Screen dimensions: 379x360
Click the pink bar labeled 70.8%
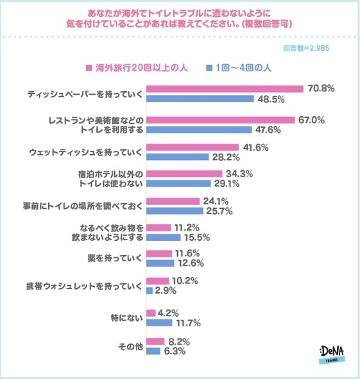[225, 89]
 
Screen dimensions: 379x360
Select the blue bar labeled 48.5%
[200, 100]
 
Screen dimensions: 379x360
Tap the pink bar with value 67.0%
[220, 120]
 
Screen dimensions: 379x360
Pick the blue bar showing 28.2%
[178, 157]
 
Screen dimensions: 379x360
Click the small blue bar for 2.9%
[150, 291]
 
